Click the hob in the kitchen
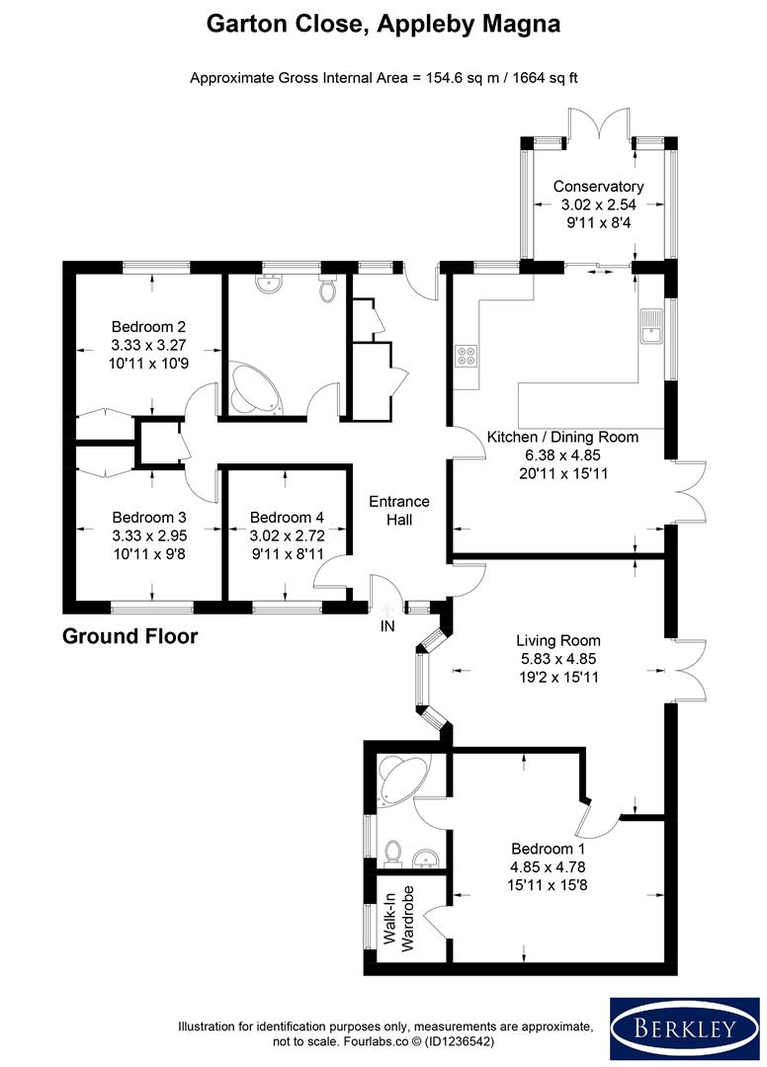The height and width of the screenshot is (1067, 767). (465, 356)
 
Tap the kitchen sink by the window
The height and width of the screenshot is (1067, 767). (651, 327)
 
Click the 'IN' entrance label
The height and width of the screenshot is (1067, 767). (386, 626)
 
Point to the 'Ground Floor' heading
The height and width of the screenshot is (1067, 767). (129, 636)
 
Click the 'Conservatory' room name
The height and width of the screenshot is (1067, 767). (598, 186)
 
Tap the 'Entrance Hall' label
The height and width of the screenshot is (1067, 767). (397, 510)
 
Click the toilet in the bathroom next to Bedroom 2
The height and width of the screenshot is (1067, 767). (329, 289)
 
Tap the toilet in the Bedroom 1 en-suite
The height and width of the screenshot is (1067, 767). (393, 851)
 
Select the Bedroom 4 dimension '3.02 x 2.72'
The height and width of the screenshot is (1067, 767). (287, 535)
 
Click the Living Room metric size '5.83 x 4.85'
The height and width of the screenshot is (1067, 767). (558, 659)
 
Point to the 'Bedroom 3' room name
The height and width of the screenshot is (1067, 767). (149, 517)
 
